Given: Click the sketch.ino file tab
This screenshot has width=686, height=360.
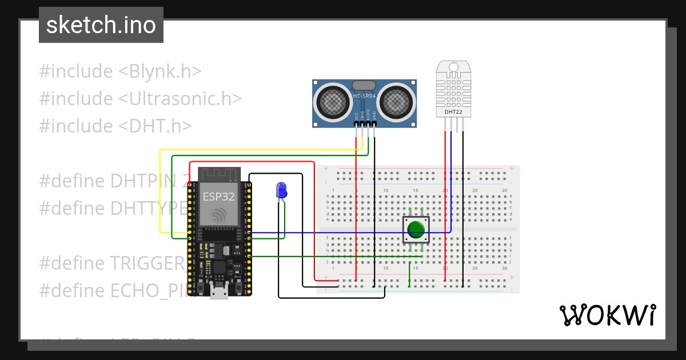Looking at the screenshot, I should tap(101, 25).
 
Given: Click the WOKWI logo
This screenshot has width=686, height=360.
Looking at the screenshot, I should tap(607, 315).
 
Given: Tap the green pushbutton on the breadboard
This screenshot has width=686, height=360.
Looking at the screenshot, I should tap(416, 229).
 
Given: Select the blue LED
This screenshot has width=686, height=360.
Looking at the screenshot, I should tap(281, 190).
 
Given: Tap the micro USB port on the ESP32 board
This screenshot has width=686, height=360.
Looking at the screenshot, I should tap(218, 292).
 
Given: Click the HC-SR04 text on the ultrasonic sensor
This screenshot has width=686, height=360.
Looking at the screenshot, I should tap(364, 96).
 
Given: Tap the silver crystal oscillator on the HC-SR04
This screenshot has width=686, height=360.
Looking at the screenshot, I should tap(364, 85).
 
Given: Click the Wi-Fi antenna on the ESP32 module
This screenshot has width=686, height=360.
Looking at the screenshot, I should tap(220, 174).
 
